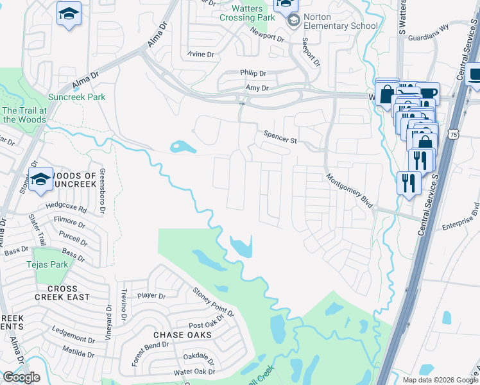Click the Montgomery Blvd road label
350,191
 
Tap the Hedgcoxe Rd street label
65,209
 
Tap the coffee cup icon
427,94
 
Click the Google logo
22,377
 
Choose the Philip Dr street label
253,74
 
